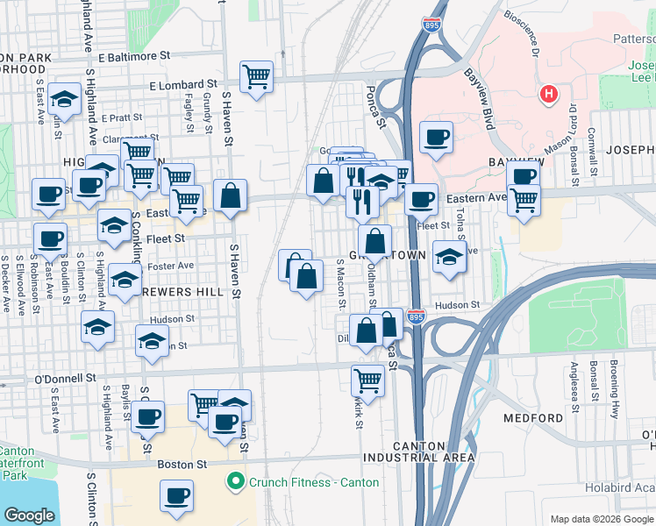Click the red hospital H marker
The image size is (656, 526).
(549, 94)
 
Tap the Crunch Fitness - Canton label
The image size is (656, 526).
(313, 482)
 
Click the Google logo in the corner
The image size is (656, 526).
(29, 515)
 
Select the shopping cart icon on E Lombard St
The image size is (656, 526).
(255, 77)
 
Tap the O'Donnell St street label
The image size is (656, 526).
(64, 379)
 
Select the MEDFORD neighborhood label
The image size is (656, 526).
(533, 418)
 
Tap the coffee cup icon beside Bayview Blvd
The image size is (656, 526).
(436, 138)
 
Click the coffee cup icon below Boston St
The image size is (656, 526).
(176, 495)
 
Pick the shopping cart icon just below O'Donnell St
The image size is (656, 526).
(367, 381)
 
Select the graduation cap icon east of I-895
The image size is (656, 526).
(449, 257)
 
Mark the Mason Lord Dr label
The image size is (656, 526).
(566, 126)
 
